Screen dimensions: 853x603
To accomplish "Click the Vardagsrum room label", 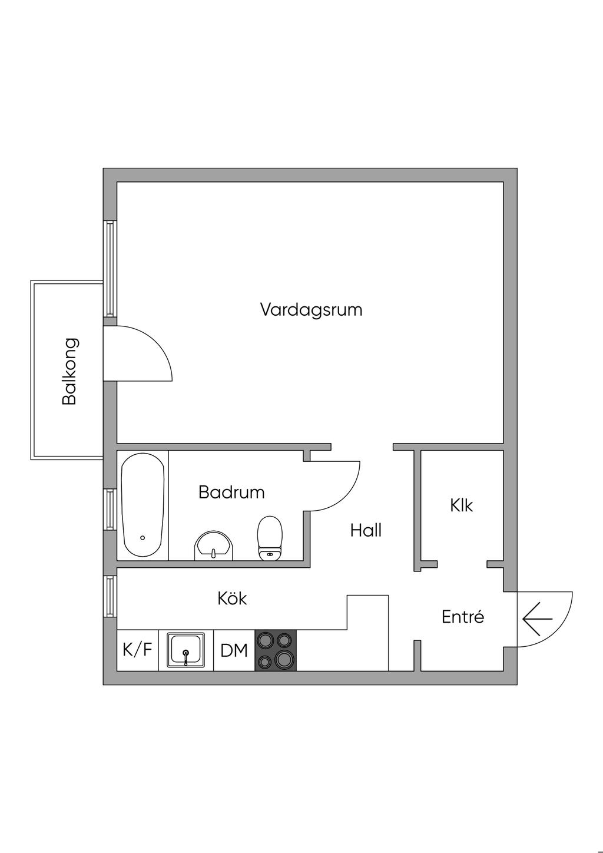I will point(311,309).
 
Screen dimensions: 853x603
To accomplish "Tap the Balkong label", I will point(69,371).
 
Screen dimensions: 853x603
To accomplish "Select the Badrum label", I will point(231,492).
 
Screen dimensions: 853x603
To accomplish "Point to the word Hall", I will point(366,530).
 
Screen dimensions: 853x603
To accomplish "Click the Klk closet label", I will point(461,505).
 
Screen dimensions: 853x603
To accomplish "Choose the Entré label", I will point(463,617).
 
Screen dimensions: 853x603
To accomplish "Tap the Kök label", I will point(232,599).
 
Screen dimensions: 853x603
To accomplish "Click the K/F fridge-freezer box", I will point(137,650).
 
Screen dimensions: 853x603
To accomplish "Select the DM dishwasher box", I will point(234,651).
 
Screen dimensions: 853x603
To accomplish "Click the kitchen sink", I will point(186,650).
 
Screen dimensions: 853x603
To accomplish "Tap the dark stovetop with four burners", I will point(276,650).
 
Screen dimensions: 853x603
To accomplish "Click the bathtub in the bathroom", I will point(143,505).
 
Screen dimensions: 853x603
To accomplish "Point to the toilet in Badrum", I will point(270,537).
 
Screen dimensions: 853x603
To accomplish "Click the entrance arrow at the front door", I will point(537,619).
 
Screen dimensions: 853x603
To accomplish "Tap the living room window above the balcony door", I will point(110,268).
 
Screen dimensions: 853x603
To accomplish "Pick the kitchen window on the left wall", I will point(110,596).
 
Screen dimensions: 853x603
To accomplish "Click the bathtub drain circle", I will point(143,538).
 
